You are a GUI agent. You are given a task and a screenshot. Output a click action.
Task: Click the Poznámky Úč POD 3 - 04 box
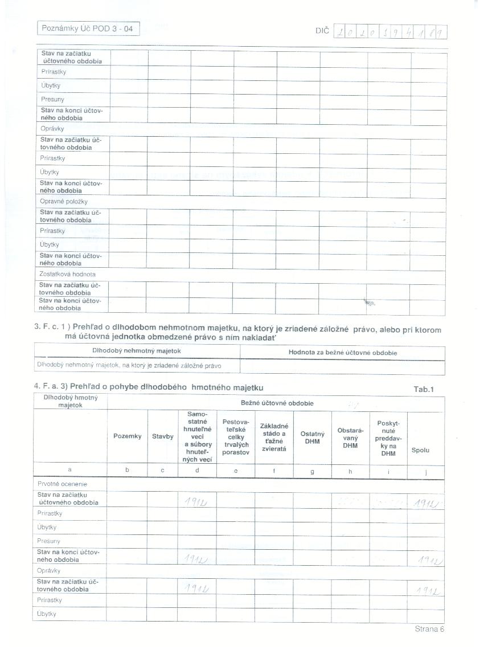click(x=88, y=28)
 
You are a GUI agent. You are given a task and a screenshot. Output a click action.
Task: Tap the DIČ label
click(x=322, y=31)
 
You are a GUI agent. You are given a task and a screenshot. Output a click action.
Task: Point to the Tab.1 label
click(x=424, y=389)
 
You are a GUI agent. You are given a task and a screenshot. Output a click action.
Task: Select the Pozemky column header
click(x=127, y=436)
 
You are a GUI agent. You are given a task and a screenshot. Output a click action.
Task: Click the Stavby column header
click(x=162, y=436)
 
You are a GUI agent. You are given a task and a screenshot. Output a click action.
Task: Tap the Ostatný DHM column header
click(x=313, y=437)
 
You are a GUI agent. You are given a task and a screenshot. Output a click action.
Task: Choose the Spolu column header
click(x=420, y=450)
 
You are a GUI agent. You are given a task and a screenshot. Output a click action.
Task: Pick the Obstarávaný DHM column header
click(x=350, y=437)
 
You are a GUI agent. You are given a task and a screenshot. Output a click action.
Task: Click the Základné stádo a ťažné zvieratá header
click(x=274, y=437)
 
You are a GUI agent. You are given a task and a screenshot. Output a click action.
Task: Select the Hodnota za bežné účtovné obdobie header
click(x=342, y=352)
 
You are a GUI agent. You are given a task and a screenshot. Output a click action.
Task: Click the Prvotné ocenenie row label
click(x=55, y=484)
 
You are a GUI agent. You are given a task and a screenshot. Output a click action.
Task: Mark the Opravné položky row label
click(x=64, y=201)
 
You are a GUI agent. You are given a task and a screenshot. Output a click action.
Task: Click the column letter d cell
click(x=197, y=470)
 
